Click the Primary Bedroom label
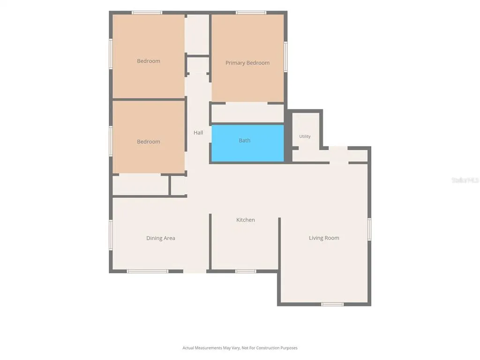(247, 63)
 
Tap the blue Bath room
(247, 143)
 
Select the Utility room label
(305, 136)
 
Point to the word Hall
(198, 133)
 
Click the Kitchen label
(246, 220)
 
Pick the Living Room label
(324, 238)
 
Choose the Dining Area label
(161, 238)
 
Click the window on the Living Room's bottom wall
(332, 304)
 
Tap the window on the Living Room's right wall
(369, 229)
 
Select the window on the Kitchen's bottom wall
(246, 271)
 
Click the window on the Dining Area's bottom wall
(148, 271)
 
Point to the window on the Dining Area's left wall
(111, 235)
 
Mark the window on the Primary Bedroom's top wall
(251, 13)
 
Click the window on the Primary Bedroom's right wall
(285, 57)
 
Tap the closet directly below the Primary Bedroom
(247, 113)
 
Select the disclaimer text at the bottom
(240, 348)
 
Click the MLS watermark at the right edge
(465, 180)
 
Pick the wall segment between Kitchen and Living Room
(279, 244)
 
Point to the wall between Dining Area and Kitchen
(210, 241)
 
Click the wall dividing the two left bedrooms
(149, 99)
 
